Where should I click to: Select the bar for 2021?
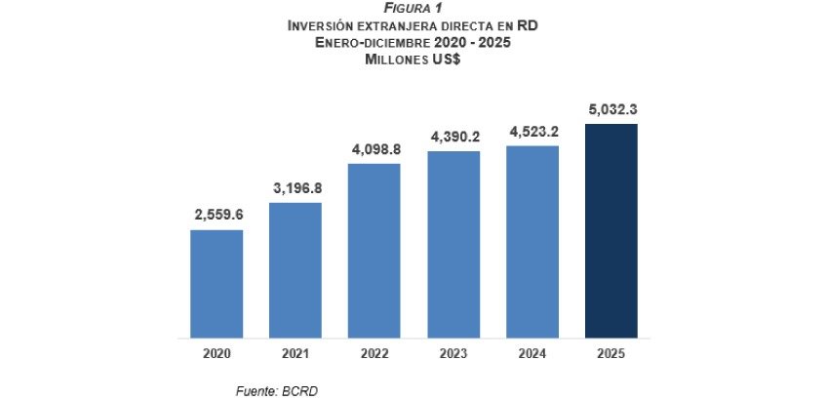pos(295,269)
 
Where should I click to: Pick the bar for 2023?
pos(453,244)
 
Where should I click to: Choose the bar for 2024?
pos(532,241)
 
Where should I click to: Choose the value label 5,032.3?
pos(610,109)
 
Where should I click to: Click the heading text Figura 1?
pos(413,9)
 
